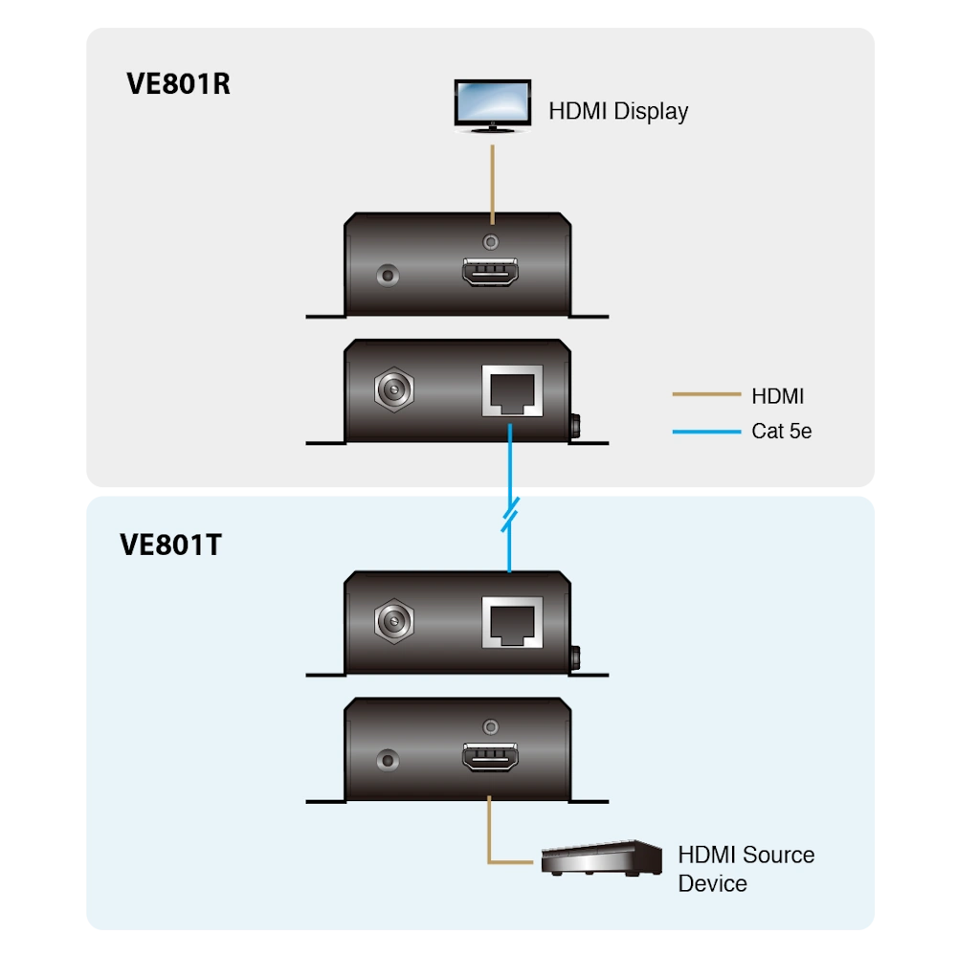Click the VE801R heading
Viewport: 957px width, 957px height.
[178, 84]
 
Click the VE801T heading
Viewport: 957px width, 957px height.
[171, 545]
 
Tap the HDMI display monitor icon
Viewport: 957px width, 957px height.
[493, 106]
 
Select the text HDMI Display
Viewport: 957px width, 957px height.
[618, 112]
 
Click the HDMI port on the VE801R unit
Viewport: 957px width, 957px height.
[490, 272]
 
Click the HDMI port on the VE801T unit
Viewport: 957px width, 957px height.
[490, 757]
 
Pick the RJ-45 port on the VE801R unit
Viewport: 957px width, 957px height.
[512, 390]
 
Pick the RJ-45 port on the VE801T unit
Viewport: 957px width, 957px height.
[512, 622]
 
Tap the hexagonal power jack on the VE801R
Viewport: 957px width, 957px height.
[394, 389]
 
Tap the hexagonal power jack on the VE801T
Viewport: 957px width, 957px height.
[394, 621]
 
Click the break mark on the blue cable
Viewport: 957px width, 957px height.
[510, 515]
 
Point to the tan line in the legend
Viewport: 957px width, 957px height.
[706, 394]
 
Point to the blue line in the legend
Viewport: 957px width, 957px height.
[706, 432]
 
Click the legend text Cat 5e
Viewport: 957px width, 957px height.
[781, 431]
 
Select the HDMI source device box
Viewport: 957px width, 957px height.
[601, 858]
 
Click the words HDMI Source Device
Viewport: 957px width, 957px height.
[746, 869]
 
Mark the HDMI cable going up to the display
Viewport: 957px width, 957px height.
[493, 185]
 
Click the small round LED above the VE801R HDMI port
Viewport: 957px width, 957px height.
[491, 242]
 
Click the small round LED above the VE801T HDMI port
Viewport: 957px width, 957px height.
[491, 727]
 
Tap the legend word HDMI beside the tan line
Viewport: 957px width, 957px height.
[777, 396]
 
